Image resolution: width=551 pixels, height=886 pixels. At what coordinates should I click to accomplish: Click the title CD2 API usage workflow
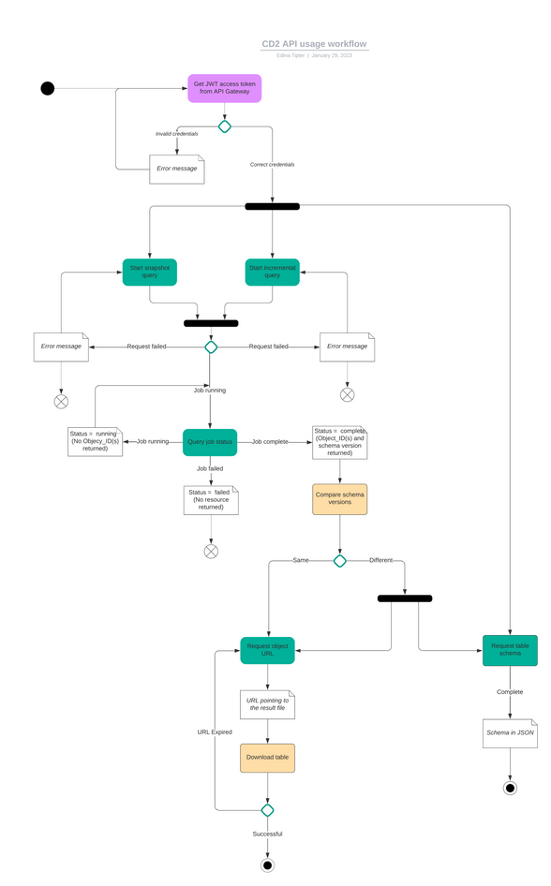coord(314,44)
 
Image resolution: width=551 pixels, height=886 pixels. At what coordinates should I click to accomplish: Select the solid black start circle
coord(48,88)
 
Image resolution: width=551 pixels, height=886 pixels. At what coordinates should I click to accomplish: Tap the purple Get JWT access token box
coord(224,88)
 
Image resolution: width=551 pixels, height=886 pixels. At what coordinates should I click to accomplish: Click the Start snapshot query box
coord(149,272)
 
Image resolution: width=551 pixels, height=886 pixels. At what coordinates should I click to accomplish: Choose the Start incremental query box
coord(272,272)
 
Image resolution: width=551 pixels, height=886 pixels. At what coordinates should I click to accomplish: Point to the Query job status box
coord(210,441)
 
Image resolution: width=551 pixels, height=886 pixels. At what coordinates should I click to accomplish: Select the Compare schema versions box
coord(339,499)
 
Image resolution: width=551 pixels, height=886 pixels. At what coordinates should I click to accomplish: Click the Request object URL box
coord(267,650)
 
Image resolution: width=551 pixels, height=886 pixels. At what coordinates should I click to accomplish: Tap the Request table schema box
coord(510,650)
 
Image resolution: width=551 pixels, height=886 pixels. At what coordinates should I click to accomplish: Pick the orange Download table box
coord(267,758)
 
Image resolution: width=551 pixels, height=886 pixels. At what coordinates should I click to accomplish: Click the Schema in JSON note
coord(510,732)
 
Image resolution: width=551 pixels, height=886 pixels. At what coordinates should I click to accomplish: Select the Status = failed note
coord(211,500)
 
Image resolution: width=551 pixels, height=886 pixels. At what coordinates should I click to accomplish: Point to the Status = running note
coord(95,441)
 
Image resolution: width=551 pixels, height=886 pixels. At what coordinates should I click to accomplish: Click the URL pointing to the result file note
coord(267,704)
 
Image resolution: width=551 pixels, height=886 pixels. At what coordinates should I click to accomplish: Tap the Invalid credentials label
coord(176,134)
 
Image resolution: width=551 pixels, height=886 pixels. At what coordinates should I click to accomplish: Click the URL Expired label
coord(215,732)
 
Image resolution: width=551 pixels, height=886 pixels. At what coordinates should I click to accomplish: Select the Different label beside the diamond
coord(381,560)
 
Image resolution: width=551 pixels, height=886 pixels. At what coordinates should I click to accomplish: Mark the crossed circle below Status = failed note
coord(211,552)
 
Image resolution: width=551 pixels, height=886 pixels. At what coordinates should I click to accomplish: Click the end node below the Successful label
coord(267,865)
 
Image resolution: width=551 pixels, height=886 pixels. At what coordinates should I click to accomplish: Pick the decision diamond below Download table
coord(267,810)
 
